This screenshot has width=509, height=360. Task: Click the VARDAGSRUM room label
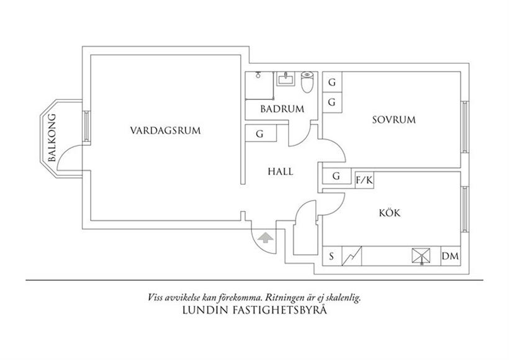166,130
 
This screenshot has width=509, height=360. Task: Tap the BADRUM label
282,109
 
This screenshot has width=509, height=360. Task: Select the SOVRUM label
394,120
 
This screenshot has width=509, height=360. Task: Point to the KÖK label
389,213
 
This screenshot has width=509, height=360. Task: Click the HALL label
281,171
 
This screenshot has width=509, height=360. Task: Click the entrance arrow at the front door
265,238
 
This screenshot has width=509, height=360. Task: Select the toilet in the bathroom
307,83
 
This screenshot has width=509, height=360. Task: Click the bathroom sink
286,79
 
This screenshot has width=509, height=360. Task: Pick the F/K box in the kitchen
364,180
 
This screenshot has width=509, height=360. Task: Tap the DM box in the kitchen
449,256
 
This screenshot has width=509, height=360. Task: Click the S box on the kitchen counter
331,256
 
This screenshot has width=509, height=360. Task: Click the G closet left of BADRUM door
259,133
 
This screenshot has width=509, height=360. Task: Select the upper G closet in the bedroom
331,83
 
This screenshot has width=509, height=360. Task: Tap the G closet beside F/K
336,176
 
